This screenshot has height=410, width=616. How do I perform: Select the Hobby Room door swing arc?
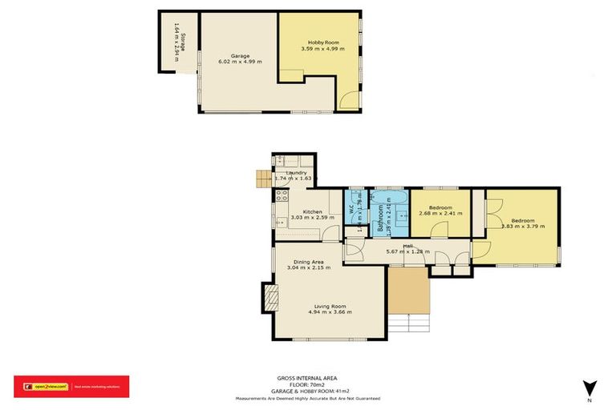[349, 99]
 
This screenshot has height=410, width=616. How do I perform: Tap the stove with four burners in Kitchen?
[282, 195]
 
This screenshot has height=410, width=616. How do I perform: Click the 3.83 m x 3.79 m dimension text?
[523, 226]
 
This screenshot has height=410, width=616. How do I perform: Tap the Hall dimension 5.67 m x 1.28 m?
[407, 251]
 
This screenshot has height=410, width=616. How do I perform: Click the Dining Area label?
[308, 262]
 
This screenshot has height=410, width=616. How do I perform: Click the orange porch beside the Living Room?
[409, 289]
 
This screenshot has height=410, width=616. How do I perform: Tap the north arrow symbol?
[589, 388]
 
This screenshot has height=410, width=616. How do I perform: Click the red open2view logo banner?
[71, 386]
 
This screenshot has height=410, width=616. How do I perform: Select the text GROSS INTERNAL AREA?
[307, 376]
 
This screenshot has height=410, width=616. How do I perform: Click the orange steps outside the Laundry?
[262, 179]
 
